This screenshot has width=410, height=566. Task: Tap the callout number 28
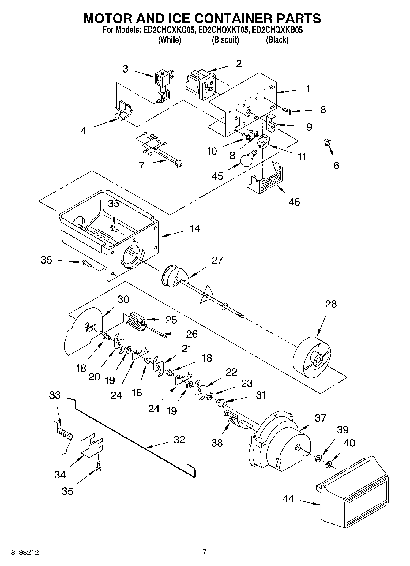tap(331, 304)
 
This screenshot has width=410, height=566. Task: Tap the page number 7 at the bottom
tap(205, 552)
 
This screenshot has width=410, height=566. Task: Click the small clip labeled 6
tap(327, 143)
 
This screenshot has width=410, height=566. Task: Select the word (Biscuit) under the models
tap(225, 40)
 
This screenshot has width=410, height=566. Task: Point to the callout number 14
tap(195, 229)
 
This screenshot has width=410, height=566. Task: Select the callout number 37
tap(321, 418)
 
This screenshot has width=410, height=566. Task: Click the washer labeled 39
tap(318, 458)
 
